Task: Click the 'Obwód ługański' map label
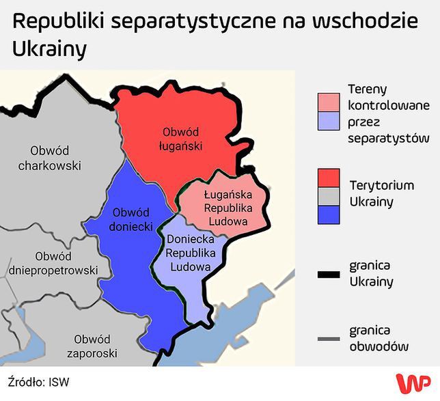180,137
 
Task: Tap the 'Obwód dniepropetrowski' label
53,263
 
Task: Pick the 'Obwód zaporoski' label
92,346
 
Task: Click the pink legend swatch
329,101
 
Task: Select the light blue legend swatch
329,121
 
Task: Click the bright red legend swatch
329,177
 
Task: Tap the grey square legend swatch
329,196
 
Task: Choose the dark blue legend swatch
329,215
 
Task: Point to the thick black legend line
329,275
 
